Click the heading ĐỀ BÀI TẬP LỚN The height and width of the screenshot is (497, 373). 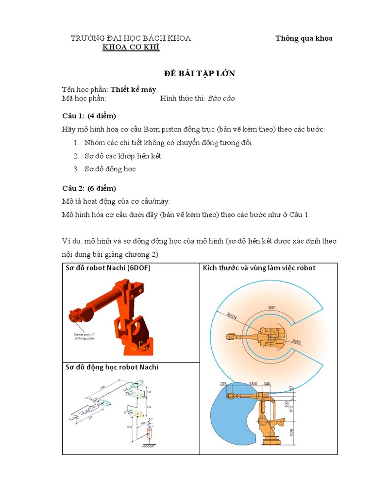(x=200, y=73)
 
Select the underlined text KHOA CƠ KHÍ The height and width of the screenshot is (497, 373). (x=130, y=47)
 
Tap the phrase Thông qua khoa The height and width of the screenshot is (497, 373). (x=304, y=38)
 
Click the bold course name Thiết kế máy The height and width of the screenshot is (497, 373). (x=133, y=89)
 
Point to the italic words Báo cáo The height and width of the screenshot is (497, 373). (x=221, y=98)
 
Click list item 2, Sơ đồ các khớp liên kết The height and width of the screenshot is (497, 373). (x=117, y=156)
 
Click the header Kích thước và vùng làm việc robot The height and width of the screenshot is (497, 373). (x=259, y=268)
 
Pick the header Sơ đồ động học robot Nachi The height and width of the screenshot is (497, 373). (x=112, y=367)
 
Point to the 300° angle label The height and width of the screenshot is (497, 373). (x=271, y=308)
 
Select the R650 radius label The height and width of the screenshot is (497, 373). (x=297, y=342)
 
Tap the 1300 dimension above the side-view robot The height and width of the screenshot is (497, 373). (x=253, y=383)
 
